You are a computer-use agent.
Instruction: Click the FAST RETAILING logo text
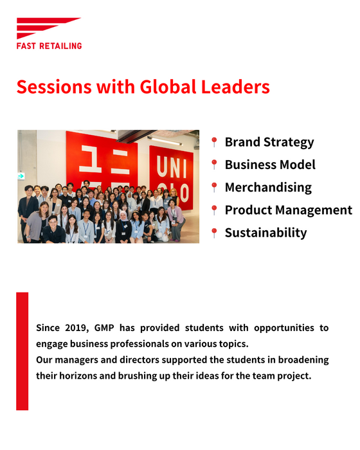click(x=49, y=46)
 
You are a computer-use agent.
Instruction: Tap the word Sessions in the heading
click(x=54, y=87)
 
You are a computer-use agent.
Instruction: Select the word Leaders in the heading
click(x=235, y=87)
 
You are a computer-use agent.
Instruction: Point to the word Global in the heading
click(x=168, y=87)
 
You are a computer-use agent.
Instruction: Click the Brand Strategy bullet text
click(x=269, y=142)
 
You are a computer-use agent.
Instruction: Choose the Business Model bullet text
click(x=270, y=165)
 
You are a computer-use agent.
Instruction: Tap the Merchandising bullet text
click(x=268, y=188)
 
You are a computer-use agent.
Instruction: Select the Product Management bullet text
click(x=289, y=210)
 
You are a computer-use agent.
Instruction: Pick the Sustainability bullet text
click(x=266, y=233)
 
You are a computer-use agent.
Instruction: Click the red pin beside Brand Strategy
click(x=214, y=142)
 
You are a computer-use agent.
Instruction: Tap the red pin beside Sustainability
click(x=214, y=233)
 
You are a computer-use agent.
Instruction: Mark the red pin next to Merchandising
click(x=214, y=188)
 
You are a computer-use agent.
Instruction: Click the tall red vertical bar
click(x=22, y=351)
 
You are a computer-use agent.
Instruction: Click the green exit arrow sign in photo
click(x=21, y=176)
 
